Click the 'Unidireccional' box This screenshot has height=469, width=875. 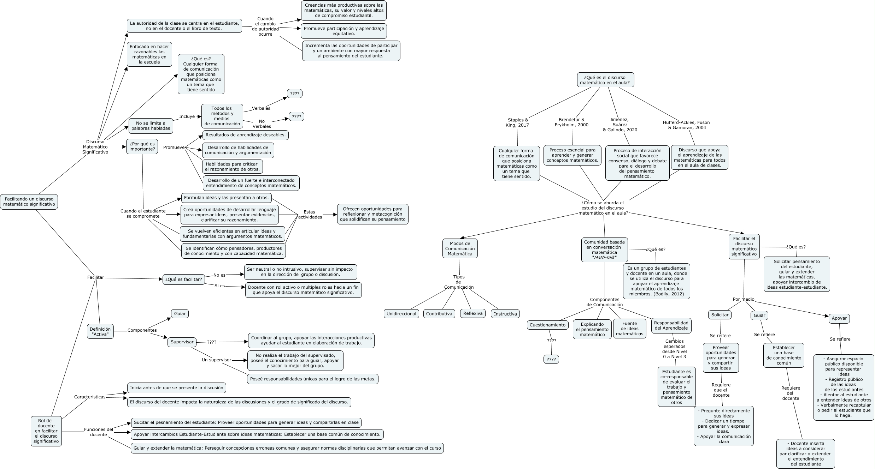point(401,314)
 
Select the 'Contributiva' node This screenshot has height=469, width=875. point(439,314)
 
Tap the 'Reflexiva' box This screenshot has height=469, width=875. point(473,313)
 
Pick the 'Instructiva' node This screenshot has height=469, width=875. point(505,314)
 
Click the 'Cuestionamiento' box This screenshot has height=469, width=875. point(547,325)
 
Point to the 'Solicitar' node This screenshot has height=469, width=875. point(720,315)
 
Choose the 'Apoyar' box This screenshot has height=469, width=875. point(839,318)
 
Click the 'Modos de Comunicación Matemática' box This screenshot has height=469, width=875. point(460,248)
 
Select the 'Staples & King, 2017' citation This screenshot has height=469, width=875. point(517,122)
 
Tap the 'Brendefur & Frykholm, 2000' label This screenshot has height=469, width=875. point(571,122)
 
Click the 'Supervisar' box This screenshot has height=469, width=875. point(182,342)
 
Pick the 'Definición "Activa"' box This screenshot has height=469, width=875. point(100,331)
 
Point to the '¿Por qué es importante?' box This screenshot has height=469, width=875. point(142,146)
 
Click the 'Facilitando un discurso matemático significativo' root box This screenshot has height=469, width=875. point(29,202)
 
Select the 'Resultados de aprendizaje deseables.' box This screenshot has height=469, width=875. point(245,135)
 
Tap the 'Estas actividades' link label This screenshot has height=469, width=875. point(310,215)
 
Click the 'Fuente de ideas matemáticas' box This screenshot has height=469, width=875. point(629,329)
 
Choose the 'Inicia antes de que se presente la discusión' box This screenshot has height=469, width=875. point(176,387)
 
